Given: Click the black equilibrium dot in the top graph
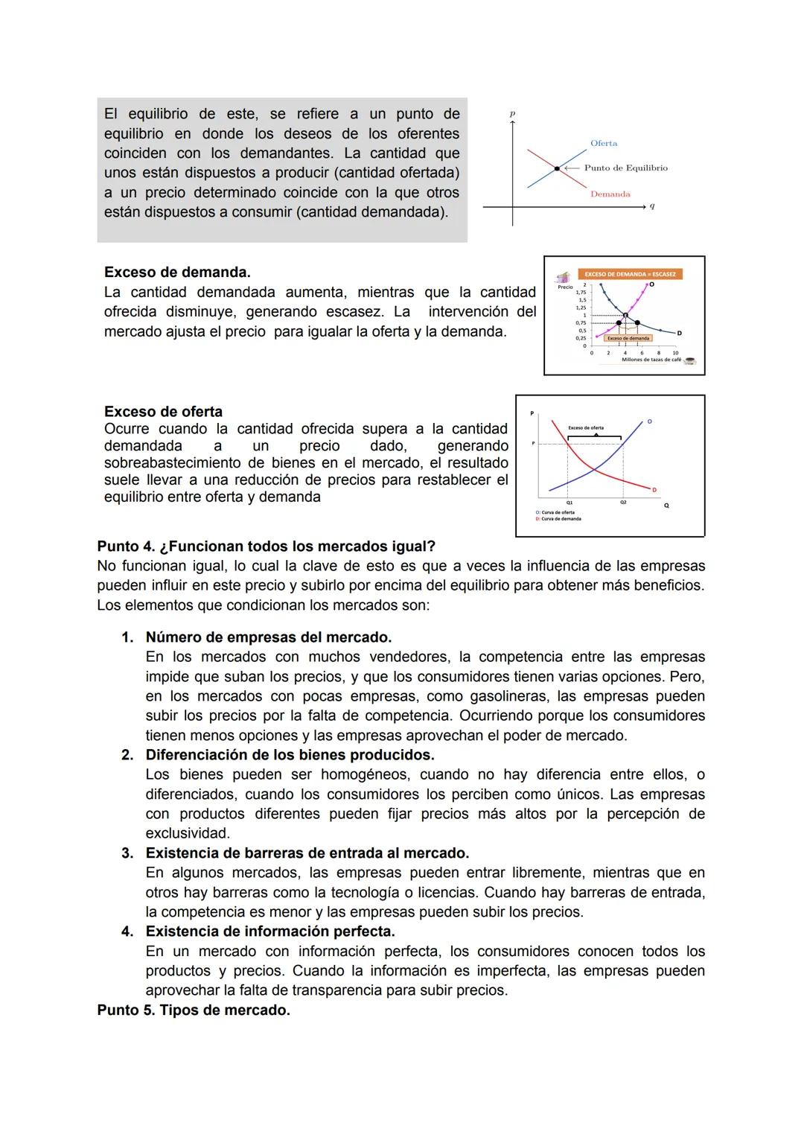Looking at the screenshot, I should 556,169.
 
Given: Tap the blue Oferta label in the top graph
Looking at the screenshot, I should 603,143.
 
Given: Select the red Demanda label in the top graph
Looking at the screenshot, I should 610,194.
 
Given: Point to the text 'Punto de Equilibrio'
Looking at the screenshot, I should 625,168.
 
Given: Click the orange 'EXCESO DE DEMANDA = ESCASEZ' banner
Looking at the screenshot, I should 630,274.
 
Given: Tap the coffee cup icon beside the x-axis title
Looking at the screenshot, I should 690,360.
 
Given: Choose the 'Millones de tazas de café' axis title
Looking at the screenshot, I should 651,360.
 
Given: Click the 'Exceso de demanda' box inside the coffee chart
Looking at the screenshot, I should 628,338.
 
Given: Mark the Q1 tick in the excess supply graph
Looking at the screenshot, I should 569,503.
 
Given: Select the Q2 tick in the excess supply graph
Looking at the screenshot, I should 623,503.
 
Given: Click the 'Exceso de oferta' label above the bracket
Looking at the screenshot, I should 586,428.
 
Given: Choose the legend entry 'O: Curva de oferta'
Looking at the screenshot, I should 555,512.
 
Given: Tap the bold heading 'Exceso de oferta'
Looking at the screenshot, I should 163,412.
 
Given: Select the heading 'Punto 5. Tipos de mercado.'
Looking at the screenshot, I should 194,1010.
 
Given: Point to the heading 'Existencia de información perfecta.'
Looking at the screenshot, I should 270,931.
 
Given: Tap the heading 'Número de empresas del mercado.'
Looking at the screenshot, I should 269,637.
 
